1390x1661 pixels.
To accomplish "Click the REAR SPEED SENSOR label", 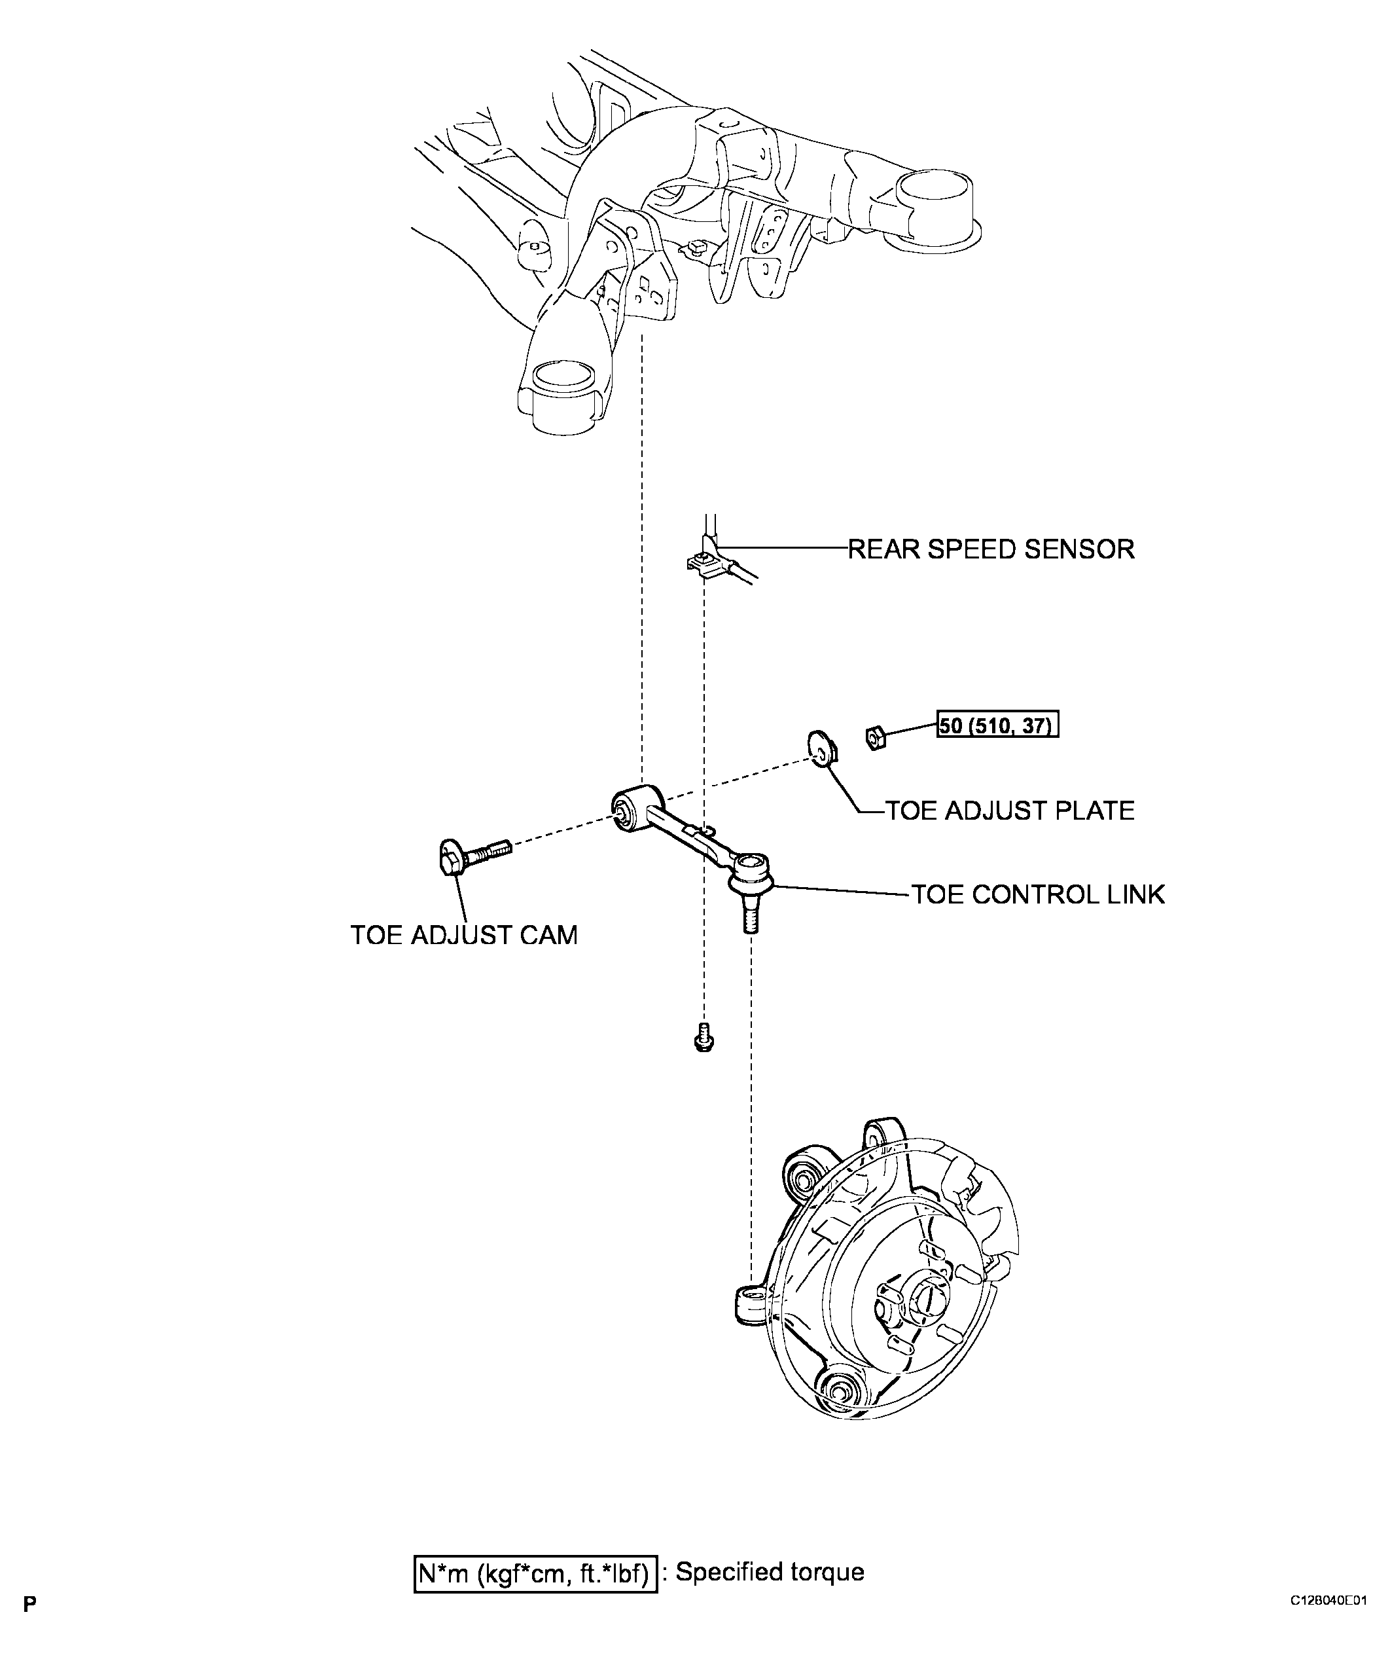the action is click(991, 549).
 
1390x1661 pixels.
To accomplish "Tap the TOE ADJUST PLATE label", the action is click(1010, 811).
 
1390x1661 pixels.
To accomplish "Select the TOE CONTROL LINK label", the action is click(1038, 894).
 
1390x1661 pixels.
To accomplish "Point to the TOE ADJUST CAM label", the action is click(464, 935).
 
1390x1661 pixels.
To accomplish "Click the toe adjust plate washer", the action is click(821, 748).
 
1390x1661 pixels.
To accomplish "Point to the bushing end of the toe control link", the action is click(637, 809).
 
